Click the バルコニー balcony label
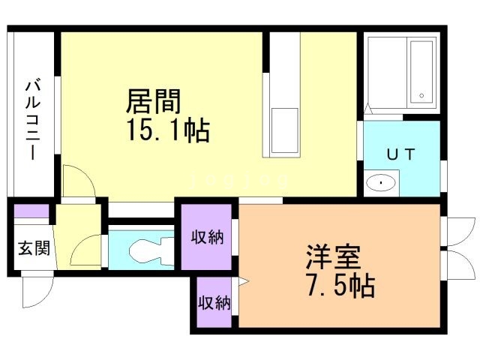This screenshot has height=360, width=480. tap(32, 118)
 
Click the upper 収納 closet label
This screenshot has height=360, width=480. tap(207, 238)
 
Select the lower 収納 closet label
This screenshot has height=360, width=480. tap(213, 303)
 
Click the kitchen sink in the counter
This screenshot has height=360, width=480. tap(283, 130)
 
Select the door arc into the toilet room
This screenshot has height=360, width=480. tap(85, 249)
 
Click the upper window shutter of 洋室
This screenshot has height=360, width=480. tap(457, 231)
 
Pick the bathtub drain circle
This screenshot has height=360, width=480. tap(421, 96)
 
